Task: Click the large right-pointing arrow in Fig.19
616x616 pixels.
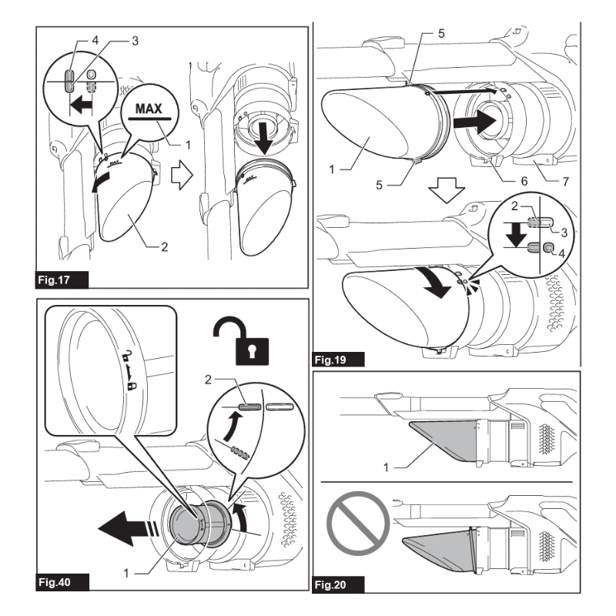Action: point(471,120)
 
